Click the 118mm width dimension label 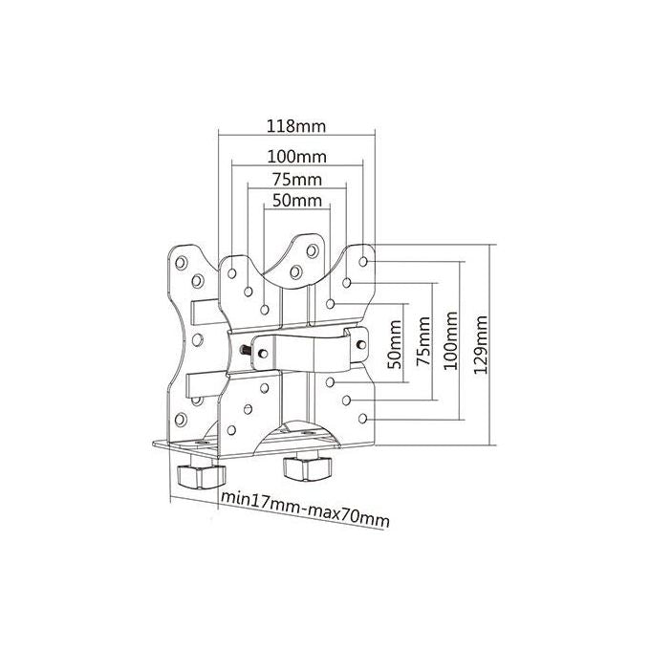tap(296, 126)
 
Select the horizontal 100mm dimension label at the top tap(297, 157)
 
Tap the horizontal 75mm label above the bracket tap(297, 180)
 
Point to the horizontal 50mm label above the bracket tap(297, 201)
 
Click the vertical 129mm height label tap(481, 345)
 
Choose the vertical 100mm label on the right tap(450, 340)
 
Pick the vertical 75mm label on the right tap(423, 340)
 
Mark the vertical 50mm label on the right tap(395, 344)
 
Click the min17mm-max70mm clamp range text tap(305, 509)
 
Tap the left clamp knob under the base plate tap(200, 476)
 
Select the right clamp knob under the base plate tap(306, 468)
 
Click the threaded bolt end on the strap tap(245, 350)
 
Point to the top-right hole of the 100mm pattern tap(362, 262)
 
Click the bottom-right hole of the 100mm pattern tap(362, 419)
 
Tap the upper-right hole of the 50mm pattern tap(330, 304)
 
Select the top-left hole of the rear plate tap(182, 262)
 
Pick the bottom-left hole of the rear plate tap(181, 420)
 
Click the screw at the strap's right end tap(361, 344)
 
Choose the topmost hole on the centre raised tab tap(313, 250)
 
